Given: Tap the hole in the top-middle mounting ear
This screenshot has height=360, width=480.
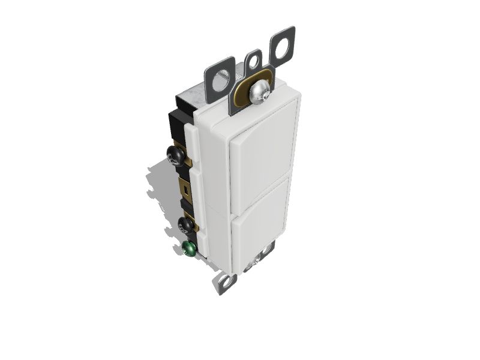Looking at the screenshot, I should click(254, 61).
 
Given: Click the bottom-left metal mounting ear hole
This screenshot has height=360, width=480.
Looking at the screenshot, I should click(226, 282).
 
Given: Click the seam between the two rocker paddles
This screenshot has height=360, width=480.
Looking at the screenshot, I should click(264, 175).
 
